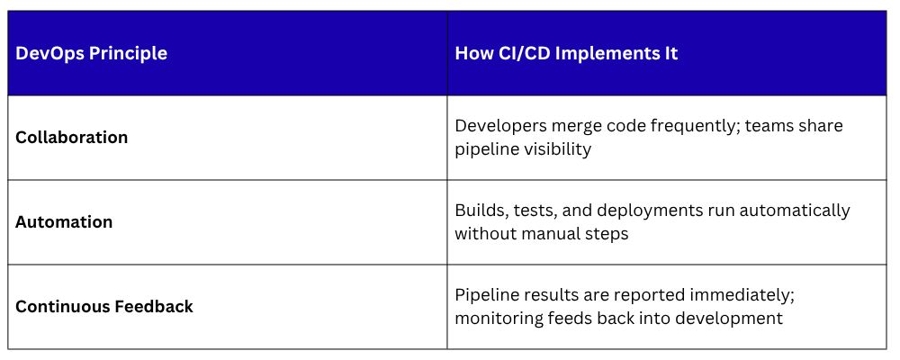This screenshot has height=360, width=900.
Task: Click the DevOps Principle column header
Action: point(91,53)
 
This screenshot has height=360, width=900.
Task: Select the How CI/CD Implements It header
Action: point(566,53)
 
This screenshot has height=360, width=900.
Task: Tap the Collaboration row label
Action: point(72,137)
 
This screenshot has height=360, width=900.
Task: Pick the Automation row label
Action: point(64,221)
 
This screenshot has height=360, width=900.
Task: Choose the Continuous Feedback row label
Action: point(103,307)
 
